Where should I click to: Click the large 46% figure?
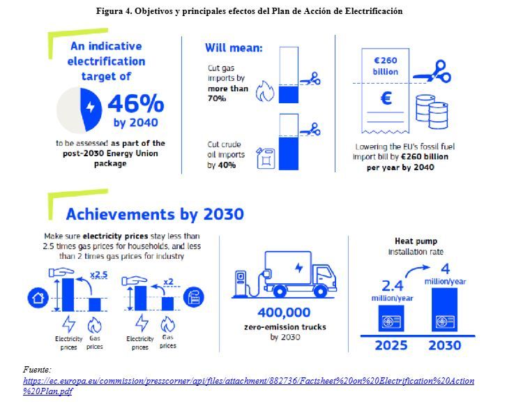click(136, 103)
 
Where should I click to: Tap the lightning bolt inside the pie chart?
click(91, 107)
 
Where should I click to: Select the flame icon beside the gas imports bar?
click(265, 91)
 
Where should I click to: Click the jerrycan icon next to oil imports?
click(266, 158)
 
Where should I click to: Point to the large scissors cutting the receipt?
click(432, 71)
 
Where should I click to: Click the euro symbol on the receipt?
click(386, 98)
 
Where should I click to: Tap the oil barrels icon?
click(432, 112)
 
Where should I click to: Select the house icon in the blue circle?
click(38, 298)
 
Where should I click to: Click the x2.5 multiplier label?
click(98, 275)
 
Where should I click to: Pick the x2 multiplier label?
click(169, 282)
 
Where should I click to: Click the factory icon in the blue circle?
click(194, 297)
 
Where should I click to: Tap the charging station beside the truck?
click(240, 283)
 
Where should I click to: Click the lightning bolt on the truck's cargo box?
click(299, 268)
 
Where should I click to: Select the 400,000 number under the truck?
click(285, 313)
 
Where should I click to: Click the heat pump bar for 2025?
click(391, 318)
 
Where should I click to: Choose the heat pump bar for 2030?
click(445, 310)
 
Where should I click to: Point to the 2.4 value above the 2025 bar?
click(393, 286)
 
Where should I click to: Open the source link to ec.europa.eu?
click(249, 386)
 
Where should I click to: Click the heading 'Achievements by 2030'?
click(155, 214)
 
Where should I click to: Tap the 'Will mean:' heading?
click(234, 48)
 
